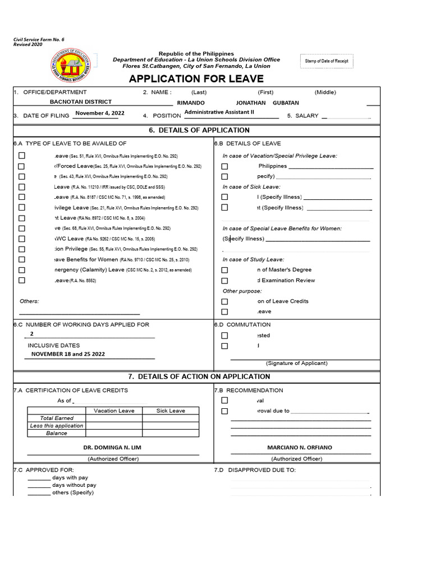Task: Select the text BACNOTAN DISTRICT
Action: click(x=81, y=102)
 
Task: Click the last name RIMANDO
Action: click(x=191, y=103)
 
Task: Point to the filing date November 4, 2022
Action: click(x=100, y=113)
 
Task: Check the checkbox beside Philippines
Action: click(x=224, y=166)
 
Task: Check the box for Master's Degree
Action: click(x=224, y=270)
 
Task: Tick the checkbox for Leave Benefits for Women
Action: click(x=22, y=259)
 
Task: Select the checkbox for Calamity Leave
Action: click(x=22, y=270)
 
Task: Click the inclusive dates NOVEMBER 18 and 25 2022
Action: click(x=68, y=354)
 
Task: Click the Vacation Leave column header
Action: click(x=114, y=410)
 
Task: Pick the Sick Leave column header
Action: click(x=171, y=410)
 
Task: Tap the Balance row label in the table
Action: click(x=56, y=433)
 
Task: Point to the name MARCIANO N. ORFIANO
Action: click(x=300, y=448)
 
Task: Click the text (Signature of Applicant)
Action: click(x=297, y=363)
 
